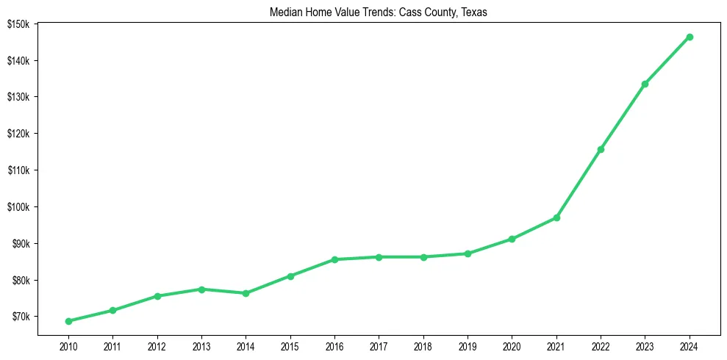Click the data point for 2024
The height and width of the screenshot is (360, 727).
point(690,37)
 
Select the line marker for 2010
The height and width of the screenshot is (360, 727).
point(68,321)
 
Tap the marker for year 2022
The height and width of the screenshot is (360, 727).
point(601,149)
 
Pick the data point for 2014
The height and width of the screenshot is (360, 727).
point(246,293)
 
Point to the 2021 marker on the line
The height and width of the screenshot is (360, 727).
point(556,217)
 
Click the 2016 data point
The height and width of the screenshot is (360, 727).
point(334,259)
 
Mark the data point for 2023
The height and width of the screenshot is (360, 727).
point(645,84)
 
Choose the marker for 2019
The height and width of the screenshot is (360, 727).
point(468,253)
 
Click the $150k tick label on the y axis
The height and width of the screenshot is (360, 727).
point(18,24)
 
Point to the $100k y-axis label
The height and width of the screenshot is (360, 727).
point(18,206)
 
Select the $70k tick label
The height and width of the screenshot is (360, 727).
point(20,317)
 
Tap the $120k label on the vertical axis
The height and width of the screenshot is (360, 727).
point(18,134)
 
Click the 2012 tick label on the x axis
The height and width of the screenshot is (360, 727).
point(157,346)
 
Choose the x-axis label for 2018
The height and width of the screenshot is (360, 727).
point(423,346)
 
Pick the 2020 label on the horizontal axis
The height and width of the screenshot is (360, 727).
point(512,346)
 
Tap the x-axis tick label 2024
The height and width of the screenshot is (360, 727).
point(690,346)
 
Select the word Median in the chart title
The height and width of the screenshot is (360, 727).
point(285,12)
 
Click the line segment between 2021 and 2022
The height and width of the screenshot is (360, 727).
point(579,184)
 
